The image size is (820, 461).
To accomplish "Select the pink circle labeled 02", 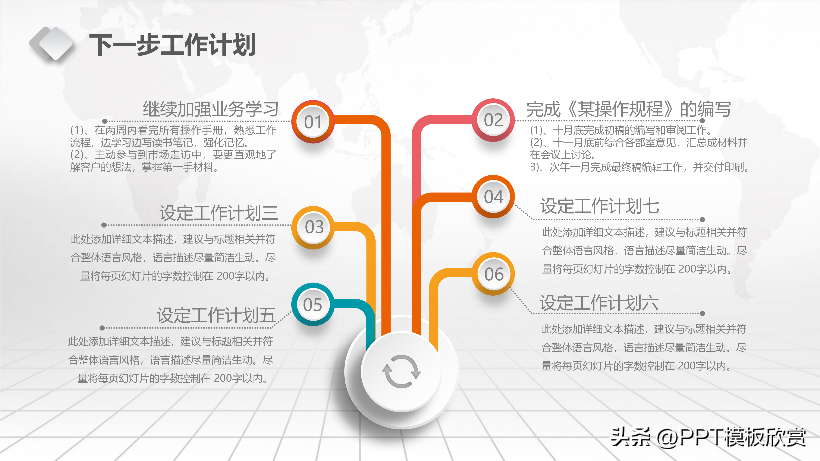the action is (493, 120).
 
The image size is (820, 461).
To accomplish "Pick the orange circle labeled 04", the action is (493, 197).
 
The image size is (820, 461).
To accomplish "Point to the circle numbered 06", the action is (494, 274).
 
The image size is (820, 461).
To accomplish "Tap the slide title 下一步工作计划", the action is (172, 45).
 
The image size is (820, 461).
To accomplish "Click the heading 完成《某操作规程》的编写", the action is (628, 109).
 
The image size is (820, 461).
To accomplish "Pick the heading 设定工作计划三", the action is (219, 213).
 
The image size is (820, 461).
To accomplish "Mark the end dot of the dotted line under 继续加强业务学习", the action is (105, 121).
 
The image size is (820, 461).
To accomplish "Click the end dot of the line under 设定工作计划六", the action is (702, 313).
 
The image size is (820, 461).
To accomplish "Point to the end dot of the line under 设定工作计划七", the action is (702, 220).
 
